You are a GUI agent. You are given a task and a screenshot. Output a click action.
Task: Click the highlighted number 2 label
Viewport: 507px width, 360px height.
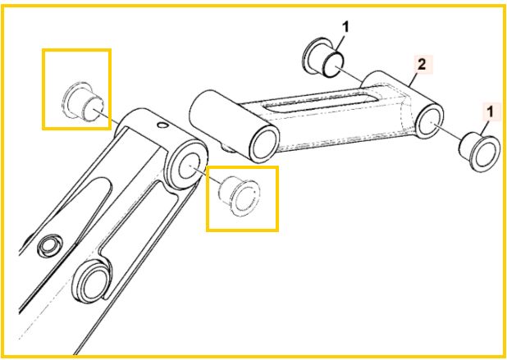point(422,66)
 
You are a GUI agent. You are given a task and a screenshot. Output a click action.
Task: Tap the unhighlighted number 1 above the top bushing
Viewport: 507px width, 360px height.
point(345,28)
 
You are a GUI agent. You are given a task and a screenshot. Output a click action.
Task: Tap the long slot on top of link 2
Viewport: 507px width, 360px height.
point(321,100)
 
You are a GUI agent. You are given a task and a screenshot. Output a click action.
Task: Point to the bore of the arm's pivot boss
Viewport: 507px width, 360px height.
point(190,166)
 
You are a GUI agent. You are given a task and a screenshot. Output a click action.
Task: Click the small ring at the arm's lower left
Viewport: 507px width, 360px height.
point(50,245)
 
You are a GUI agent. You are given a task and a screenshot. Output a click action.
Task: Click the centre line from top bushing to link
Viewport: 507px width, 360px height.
point(349,73)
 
